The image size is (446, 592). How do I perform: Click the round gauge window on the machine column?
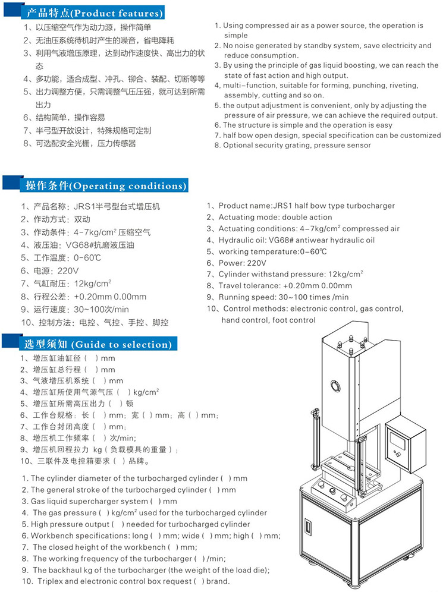tap(337, 385)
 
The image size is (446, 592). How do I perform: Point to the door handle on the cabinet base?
tap(308, 527)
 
